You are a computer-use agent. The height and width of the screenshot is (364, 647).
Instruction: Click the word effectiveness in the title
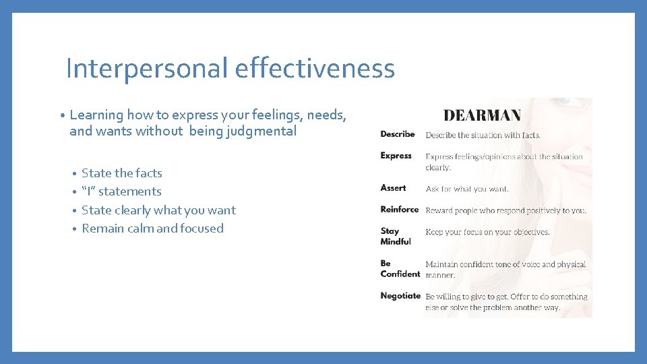[x=315, y=69]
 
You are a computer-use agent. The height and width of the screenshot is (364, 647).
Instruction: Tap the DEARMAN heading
[x=481, y=115]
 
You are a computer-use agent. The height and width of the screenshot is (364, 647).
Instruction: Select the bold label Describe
[x=398, y=134]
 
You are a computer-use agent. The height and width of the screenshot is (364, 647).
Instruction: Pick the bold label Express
[x=396, y=156]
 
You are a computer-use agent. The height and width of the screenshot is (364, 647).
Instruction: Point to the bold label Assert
[x=393, y=188]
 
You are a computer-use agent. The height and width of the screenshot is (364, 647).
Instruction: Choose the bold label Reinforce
[x=400, y=210]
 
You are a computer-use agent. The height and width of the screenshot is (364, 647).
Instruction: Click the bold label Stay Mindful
[x=395, y=236]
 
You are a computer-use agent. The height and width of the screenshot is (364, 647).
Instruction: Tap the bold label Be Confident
[x=400, y=268]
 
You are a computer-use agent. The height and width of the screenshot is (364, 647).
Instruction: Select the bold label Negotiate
[x=400, y=296]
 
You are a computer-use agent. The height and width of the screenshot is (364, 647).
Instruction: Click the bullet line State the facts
[x=121, y=173]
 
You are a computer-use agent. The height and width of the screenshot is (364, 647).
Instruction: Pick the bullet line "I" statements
[x=121, y=191]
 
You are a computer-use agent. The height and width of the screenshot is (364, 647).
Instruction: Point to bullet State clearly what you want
[x=158, y=210]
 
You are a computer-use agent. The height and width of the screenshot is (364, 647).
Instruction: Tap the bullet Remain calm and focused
[x=152, y=229]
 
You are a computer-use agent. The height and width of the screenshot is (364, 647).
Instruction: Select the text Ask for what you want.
[x=467, y=189]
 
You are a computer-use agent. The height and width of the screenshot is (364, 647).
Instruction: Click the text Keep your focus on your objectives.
[x=487, y=233]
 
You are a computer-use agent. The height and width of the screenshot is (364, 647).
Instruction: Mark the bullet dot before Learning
[x=61, y=116]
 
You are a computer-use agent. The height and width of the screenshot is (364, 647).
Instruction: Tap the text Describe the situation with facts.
[x=483, y=135]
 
